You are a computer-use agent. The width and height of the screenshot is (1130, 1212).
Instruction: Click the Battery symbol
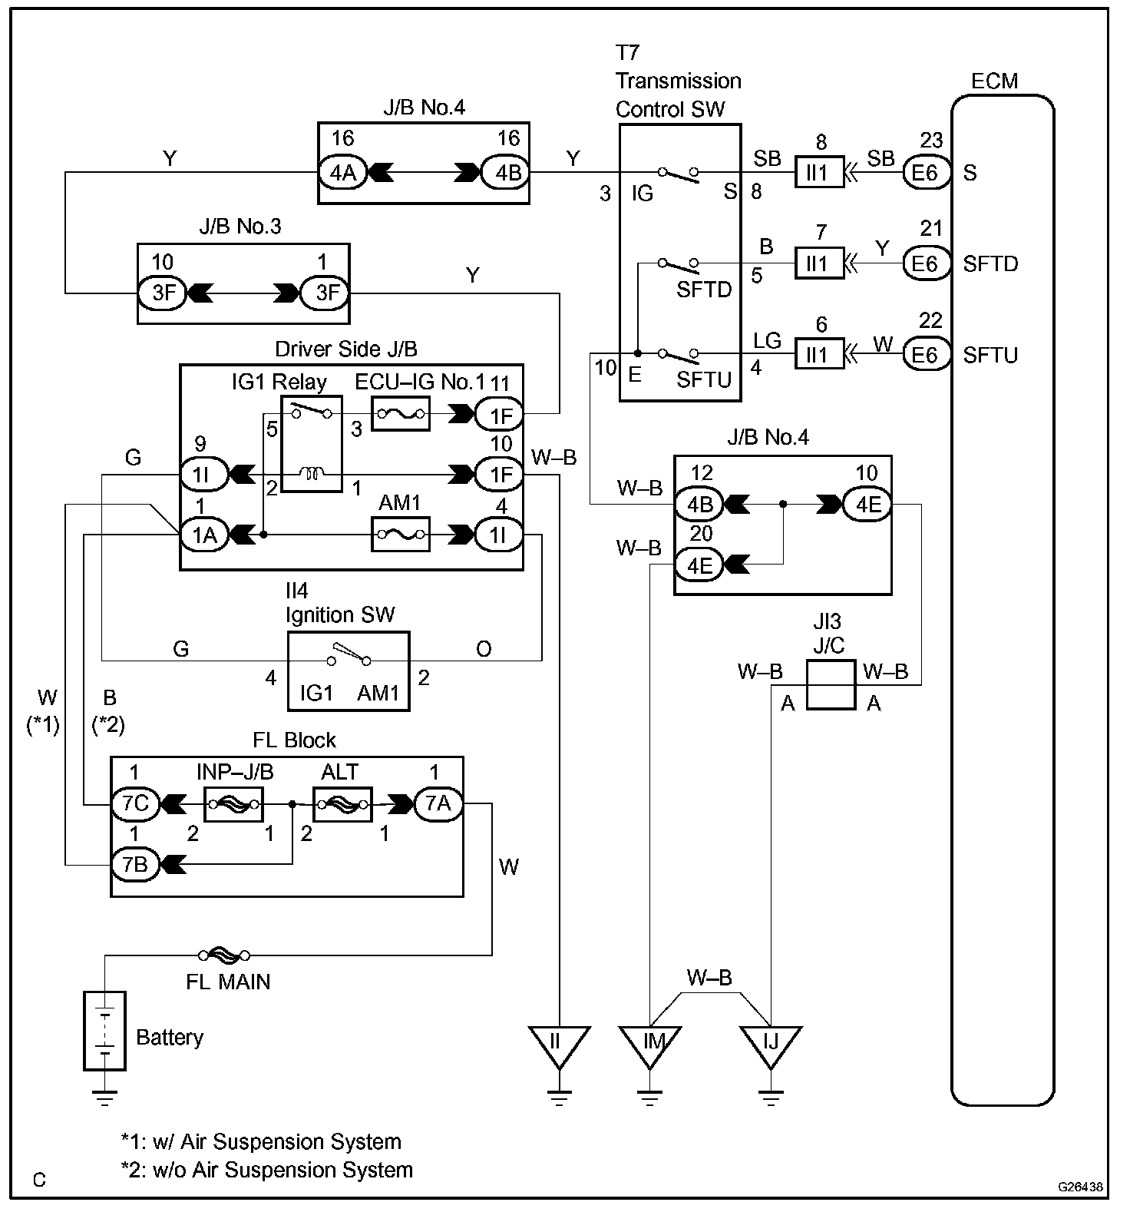(x=104, y=1032)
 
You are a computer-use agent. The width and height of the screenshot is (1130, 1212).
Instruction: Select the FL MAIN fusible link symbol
(x=223, y=955)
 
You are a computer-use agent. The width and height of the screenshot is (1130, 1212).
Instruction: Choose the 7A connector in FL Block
(x=438, y=803)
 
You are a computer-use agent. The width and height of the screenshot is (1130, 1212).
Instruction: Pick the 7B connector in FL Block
(x=135, y=864)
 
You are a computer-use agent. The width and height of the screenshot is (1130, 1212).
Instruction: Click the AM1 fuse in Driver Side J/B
(x=400, y=534)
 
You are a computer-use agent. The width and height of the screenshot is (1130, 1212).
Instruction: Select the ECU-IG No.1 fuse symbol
(x=400, y=414)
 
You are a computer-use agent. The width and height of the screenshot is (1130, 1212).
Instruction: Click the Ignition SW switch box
(x=349, y=671)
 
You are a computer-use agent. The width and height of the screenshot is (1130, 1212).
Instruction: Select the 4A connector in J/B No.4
(x=342, y=173)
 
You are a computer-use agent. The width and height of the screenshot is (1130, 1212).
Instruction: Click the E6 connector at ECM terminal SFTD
(x=925, y=263)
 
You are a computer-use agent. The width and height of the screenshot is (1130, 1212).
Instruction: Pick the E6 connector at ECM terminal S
(x=925, y=173)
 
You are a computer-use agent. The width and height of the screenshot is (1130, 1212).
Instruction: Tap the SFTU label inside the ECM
(x=990, y=356)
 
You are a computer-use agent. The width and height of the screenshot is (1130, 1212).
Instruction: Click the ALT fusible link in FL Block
(x=342, y=803)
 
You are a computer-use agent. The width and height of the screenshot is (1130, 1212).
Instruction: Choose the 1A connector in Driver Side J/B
(x=204, y=534)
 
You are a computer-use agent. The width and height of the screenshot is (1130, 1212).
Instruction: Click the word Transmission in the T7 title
(x=678, y=81)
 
